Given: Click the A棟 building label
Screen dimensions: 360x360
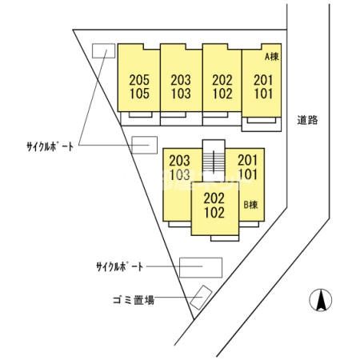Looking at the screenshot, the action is (272, 57).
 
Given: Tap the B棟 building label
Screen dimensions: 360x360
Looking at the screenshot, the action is (251, 205).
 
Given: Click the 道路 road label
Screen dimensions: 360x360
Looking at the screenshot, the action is (307, 120).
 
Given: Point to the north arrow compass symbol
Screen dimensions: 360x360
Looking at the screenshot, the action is (321, 300).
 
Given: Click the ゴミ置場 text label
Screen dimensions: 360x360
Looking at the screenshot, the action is (134, 300).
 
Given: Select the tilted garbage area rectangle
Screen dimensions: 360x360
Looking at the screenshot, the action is (201, 298).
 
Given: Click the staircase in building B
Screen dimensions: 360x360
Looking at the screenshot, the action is (214, 161).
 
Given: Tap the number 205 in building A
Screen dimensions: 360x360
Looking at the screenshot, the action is (139, 80).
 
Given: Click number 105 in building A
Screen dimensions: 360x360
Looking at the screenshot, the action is (139, 94).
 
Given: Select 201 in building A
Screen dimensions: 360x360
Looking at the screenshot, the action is (263, 80).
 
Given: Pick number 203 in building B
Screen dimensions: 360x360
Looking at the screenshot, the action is (180, 161).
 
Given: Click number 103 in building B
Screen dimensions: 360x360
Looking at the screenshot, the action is (180, 174).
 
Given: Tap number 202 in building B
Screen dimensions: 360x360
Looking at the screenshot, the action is (214, 198).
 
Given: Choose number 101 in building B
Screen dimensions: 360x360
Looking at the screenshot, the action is (248, 174).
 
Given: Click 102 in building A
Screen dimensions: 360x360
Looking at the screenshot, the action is (222, 94).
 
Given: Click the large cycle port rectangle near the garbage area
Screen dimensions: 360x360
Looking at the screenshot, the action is (201, 267).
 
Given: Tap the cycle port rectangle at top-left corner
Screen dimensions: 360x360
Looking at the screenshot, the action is (103, 50).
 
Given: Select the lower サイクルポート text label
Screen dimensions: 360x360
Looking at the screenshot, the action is (120, 266).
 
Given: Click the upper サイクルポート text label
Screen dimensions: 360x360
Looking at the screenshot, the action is (50, 146).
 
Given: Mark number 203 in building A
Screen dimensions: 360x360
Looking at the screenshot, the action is (181, 80).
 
